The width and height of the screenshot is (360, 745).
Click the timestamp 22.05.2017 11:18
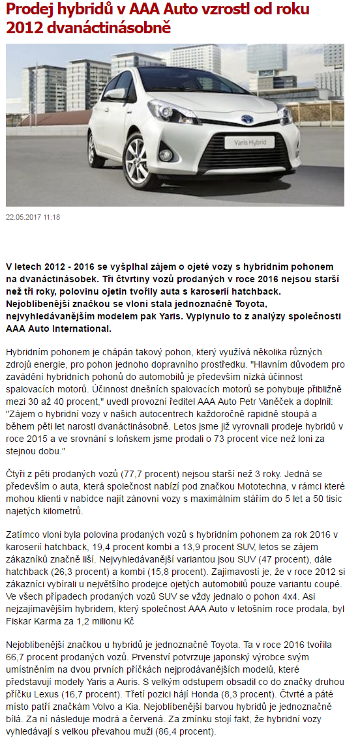(33, 216)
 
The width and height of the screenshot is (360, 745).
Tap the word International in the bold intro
(81, 327)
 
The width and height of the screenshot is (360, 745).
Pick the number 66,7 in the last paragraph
(17, 658)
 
